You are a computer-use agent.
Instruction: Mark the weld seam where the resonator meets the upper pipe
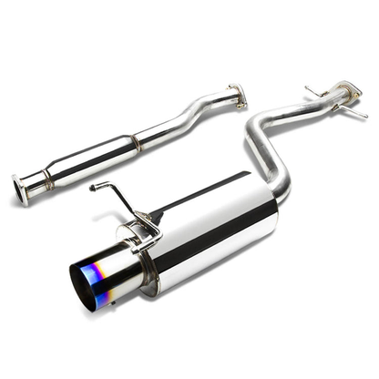135,141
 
